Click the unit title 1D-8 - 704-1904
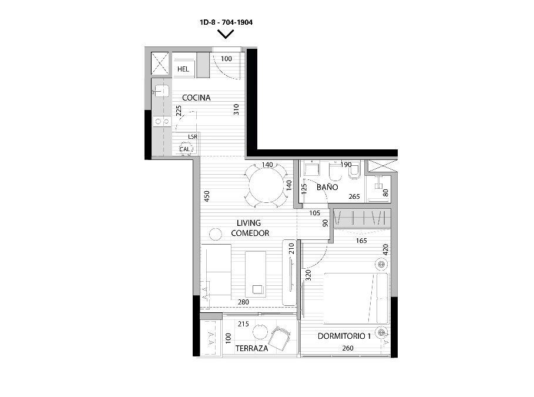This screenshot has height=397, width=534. [226, 22]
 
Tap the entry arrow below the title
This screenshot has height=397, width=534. [226, 34]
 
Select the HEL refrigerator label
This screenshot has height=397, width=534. [183, 69]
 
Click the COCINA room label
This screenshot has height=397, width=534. [196, 98]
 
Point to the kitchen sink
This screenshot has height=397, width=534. [160, 91]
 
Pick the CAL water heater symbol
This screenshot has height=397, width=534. [186, 149]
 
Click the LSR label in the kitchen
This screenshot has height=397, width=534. [193, 137]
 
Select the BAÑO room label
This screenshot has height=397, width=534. [327, 187]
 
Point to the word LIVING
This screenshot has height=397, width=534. [248, 223]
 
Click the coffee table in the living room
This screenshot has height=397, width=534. [256, 274]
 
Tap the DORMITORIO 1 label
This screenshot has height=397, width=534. [344, 336]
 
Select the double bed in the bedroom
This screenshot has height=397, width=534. [355, 298]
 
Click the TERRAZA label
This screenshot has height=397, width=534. [251, 349]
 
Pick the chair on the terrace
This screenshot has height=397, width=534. [279, 338]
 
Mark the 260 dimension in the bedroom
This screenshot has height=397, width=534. [348, 348]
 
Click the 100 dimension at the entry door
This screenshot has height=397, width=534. [226, 59]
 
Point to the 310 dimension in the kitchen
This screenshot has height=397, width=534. [236, 109]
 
